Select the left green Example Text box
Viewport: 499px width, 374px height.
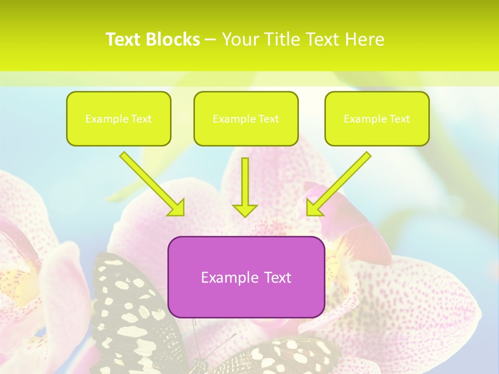[x=119, y=118]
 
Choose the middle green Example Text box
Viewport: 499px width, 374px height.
[x=246, y=118]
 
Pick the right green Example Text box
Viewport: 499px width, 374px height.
[x=377, y=118]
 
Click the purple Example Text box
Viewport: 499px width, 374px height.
[x=246, y=277]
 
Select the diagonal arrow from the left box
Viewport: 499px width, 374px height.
[x=151, y=182]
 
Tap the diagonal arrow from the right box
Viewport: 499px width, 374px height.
[x=340, y=182]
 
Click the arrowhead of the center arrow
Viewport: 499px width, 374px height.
[x=245, y=210]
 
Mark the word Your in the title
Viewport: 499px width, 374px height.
[x=239, y=39]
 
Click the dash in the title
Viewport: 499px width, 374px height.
[x=211, y=40]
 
